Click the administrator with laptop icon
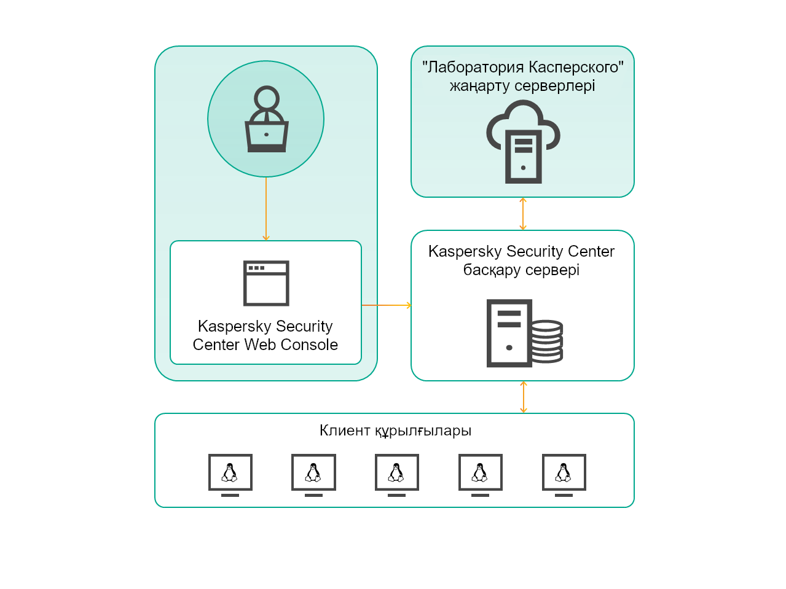click(x=266, y=120)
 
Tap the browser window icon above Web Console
click(x=266, y=283)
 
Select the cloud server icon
click(x=523, y=142)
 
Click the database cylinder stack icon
click(x=546, y=341)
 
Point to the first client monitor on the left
click(x=230, y=474)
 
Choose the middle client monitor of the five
click(x=397, y=474)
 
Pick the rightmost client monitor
click(x=564, y=474)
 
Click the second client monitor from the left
click(x=313, y=474)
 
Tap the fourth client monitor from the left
click(x=481, y=474)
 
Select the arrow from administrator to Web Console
click(x=266, y=209)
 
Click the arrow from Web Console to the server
click(x=386, y=305)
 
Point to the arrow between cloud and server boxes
click(x=523, y=214)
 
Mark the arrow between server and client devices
click(x=524, y=397)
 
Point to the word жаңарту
click(x=479, y=86)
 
